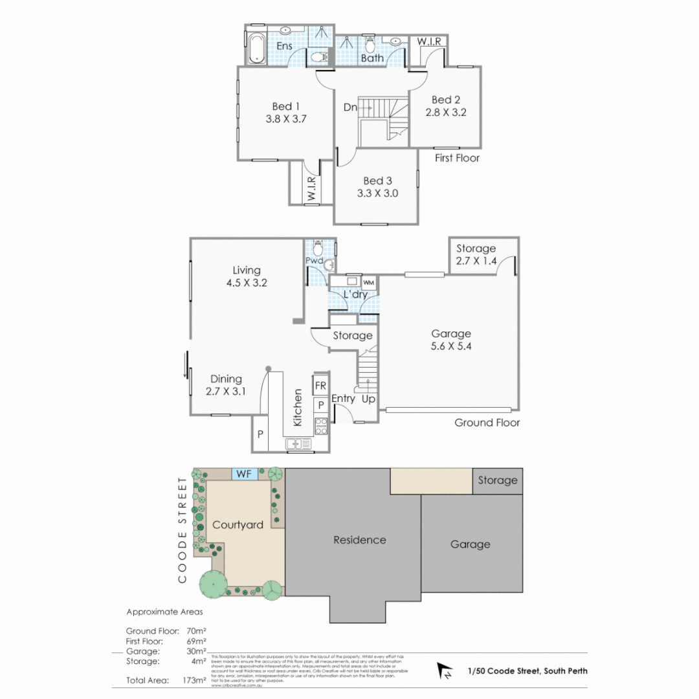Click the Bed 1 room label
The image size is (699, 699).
coord(285,106)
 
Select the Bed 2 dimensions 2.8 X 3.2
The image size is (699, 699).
coord(446,112)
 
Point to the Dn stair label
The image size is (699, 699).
coord(350,108)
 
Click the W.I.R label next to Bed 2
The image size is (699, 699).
coord(428,41)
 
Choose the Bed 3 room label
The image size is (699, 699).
coord(377,181)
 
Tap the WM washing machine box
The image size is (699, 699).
coord(368,283)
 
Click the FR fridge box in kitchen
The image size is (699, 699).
coord(320,386)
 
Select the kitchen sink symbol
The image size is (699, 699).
coord(298,444)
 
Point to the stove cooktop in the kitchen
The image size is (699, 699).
coord(320,425)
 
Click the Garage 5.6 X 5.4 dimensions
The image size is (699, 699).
coord(451,346)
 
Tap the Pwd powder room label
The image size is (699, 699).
coord(314,260)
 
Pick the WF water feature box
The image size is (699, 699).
coord(245,473)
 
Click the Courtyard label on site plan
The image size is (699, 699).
coord(238,525)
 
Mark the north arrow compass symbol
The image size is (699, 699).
coord(445,671)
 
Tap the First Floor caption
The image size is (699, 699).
coord(458,158)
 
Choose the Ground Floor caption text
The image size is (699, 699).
coord(487,423)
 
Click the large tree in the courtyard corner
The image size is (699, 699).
coord(213,584)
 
